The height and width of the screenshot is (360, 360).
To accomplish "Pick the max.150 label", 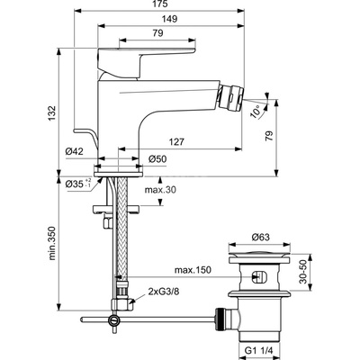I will pos(193,270).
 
